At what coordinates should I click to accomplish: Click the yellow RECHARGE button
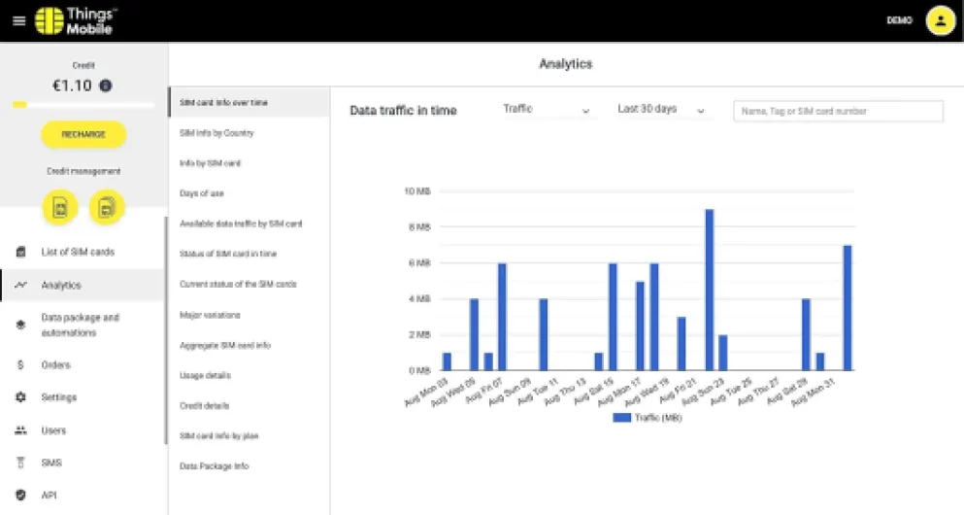point(83,134)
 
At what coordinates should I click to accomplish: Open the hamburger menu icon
point(18,20)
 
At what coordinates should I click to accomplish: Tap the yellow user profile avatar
point(939,20)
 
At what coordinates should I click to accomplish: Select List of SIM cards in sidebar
point(77,252)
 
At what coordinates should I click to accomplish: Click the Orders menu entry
point(55,365)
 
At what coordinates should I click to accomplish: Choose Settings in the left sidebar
point(58,397)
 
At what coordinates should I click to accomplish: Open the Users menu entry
point(53,430)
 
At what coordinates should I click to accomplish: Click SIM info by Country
point(216,132)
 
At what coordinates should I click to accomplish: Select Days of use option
point(202,193)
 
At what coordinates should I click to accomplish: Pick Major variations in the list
point(210,315)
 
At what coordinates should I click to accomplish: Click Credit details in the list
point(205,405)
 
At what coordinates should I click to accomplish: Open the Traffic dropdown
point(547,110)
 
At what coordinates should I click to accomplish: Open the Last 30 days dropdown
point(661,110)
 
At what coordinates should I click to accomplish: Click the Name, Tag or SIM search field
point(838,112)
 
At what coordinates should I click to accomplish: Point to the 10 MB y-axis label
point(416,191)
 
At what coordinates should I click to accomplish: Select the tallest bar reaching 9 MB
point(709,290)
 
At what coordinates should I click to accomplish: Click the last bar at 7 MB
point(847,307)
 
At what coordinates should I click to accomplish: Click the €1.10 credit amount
point(73,86)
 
